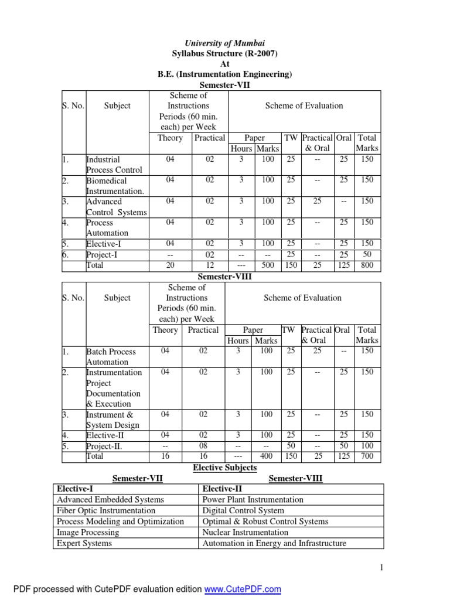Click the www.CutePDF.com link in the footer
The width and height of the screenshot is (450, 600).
243,589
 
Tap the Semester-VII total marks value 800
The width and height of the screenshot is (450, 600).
367,265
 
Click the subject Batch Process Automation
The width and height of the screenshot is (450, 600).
111,357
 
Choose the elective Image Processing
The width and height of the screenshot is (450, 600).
88,532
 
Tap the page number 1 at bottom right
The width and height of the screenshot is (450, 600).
381,567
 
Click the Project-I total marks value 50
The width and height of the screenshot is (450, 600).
367,254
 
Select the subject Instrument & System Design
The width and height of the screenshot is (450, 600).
113,420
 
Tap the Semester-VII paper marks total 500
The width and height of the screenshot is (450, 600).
268,265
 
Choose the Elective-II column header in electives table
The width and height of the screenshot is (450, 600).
222,489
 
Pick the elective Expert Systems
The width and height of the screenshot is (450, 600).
84,543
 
